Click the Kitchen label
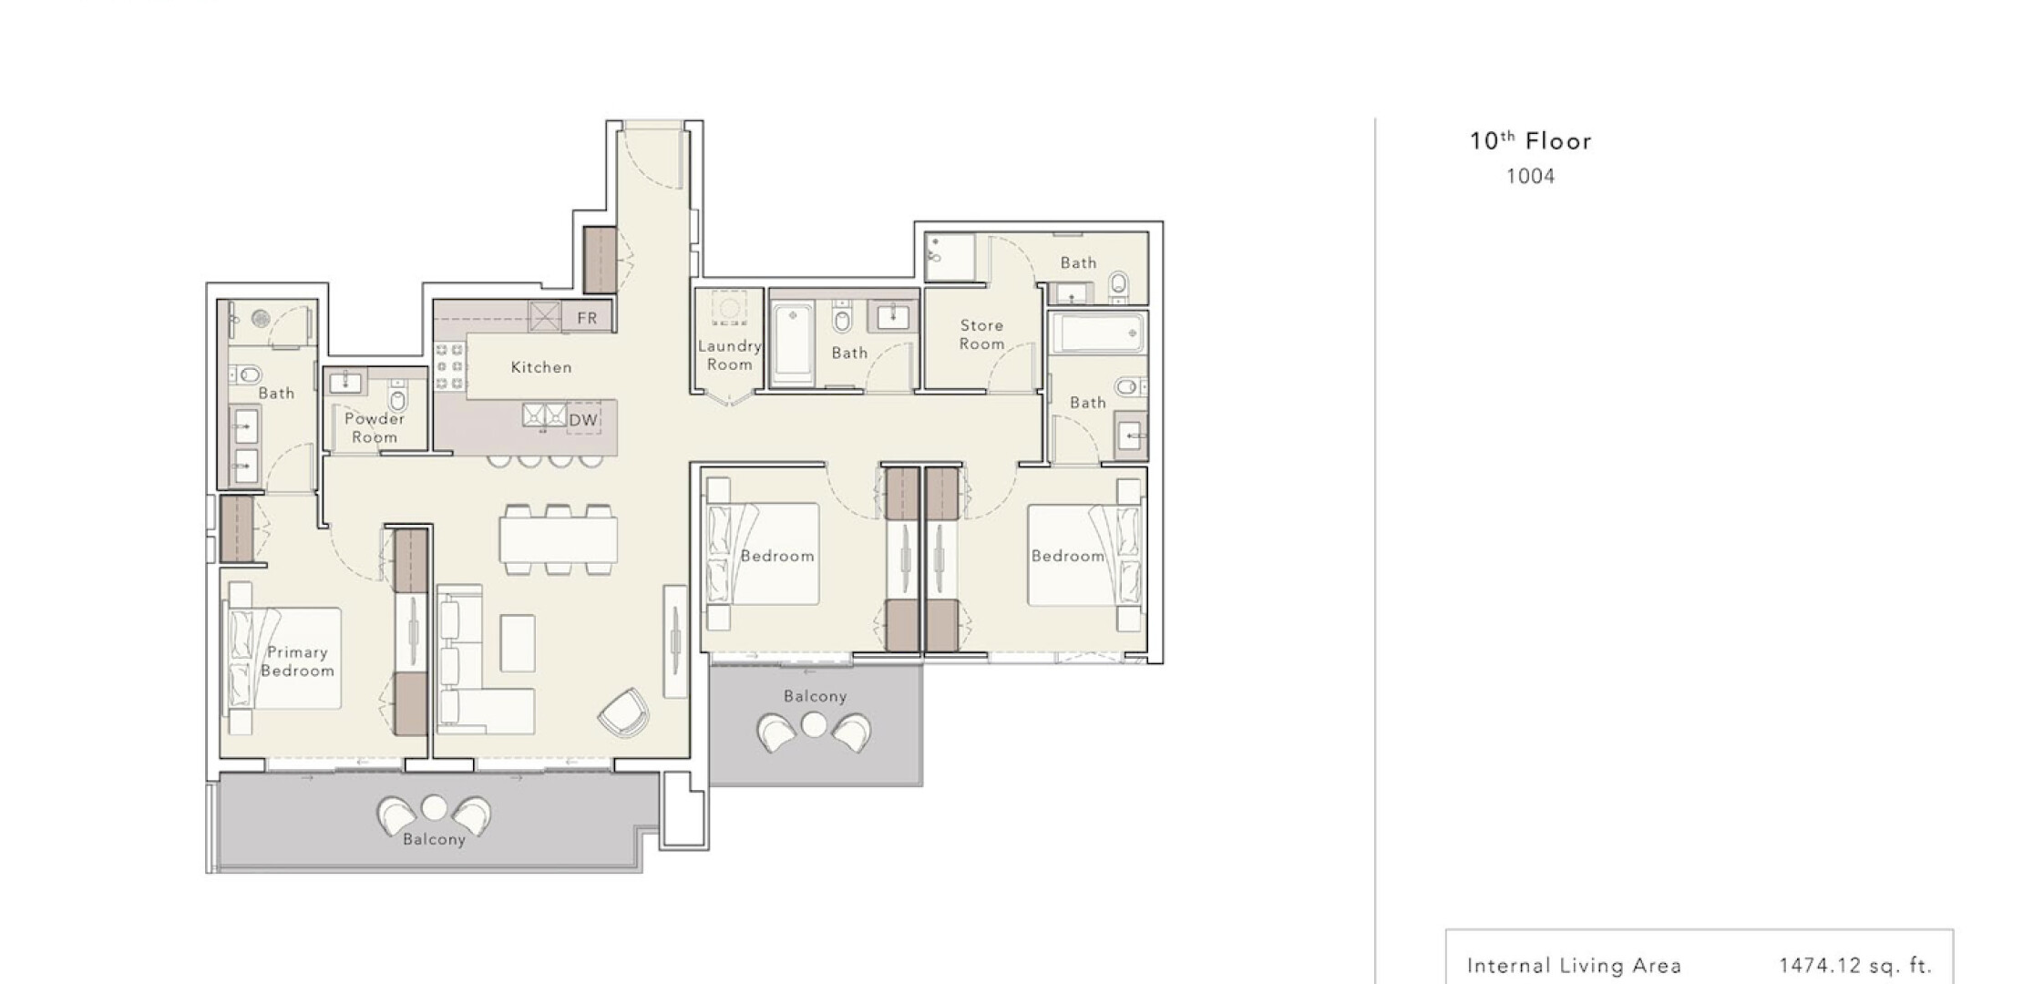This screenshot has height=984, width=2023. coord(541,367)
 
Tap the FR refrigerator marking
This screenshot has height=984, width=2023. coord(587,318)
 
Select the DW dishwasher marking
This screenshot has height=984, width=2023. coord(583,420)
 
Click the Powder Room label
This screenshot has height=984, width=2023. coord(375,427)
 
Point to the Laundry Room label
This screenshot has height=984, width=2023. coord(730,354)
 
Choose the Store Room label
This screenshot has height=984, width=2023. coord(981,334)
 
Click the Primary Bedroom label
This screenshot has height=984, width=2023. coord(297,661)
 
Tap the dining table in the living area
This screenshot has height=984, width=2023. coord(558,539)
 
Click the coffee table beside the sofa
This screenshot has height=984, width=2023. coord(518,642)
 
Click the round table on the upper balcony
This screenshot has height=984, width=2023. coord(814,725)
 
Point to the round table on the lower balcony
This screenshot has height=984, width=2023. coord(435,807)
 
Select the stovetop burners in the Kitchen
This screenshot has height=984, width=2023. coord(449,367)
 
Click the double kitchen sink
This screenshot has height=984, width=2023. coord(544,415)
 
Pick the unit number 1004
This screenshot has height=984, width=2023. coord(1530,177)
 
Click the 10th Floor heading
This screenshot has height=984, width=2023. coord(1531,140)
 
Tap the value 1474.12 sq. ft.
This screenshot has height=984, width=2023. coord(1855,966)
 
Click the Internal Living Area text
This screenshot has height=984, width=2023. coord(1575,966)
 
